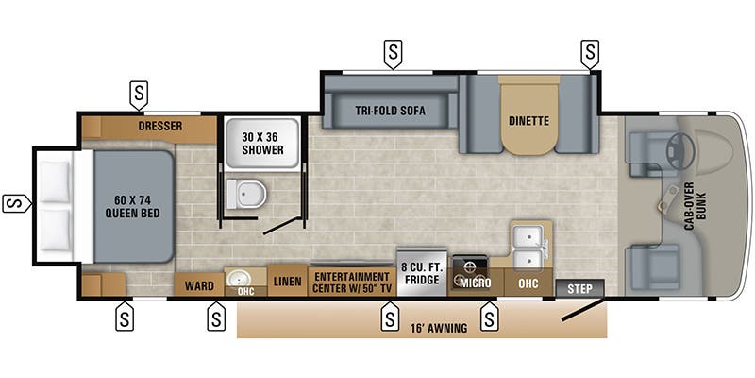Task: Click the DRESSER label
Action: click(159, 126)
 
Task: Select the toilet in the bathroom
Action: click(248, 195)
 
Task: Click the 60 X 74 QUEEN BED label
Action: click(133, 205)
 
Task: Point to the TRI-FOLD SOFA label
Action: click(390, 111)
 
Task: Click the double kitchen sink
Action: click(528, 245)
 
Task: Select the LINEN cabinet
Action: click(286, 282)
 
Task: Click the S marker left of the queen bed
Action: click(14, 202)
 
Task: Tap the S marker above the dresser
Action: click(138, 94)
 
